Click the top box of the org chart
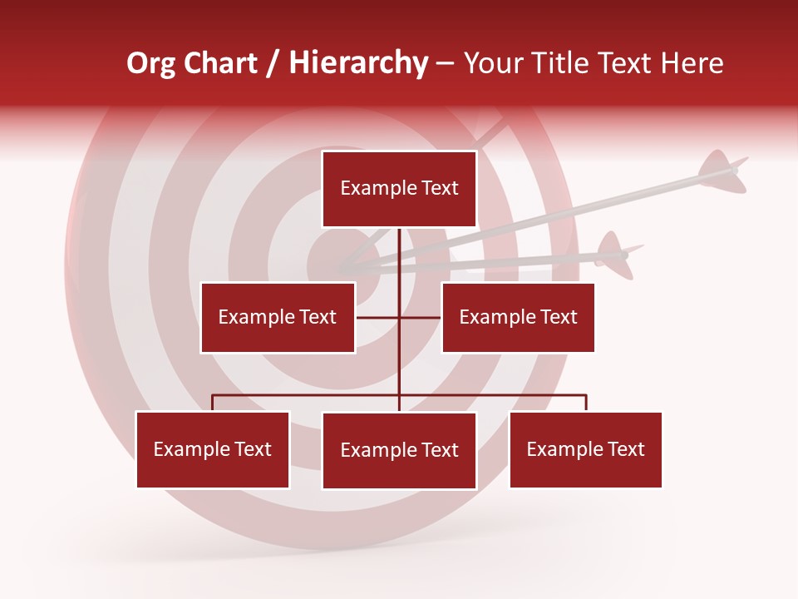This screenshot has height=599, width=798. pyautogui.click(x=399, y=189)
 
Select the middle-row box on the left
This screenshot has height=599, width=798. pyautogui.click(x=278, y=317)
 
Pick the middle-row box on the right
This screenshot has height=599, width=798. pyautogui.click(x=518, y=317)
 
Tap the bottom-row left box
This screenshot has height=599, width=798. pyautogui.click(x=213, y=449)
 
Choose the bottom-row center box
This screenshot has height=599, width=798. pyautogui.click(x=399, y=450)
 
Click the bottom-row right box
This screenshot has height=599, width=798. pyautogui.click(x=585, y=449)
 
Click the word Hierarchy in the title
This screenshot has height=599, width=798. pyautogui.click(x=358, y=63)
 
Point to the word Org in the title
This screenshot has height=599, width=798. pyautogui.click(x=150, y=63)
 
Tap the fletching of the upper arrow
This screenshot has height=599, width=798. pyautogui.click(x=720, y=169)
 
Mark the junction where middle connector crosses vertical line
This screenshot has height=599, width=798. pyautogui.click(x=399, y=317)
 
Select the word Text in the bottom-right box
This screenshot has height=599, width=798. pyautogui.click(x=625, y=449)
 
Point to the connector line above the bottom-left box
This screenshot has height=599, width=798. pyautogui.click(x=213, y=402)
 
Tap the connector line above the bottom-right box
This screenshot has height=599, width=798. pyautogui.click(x=586, y=402)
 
